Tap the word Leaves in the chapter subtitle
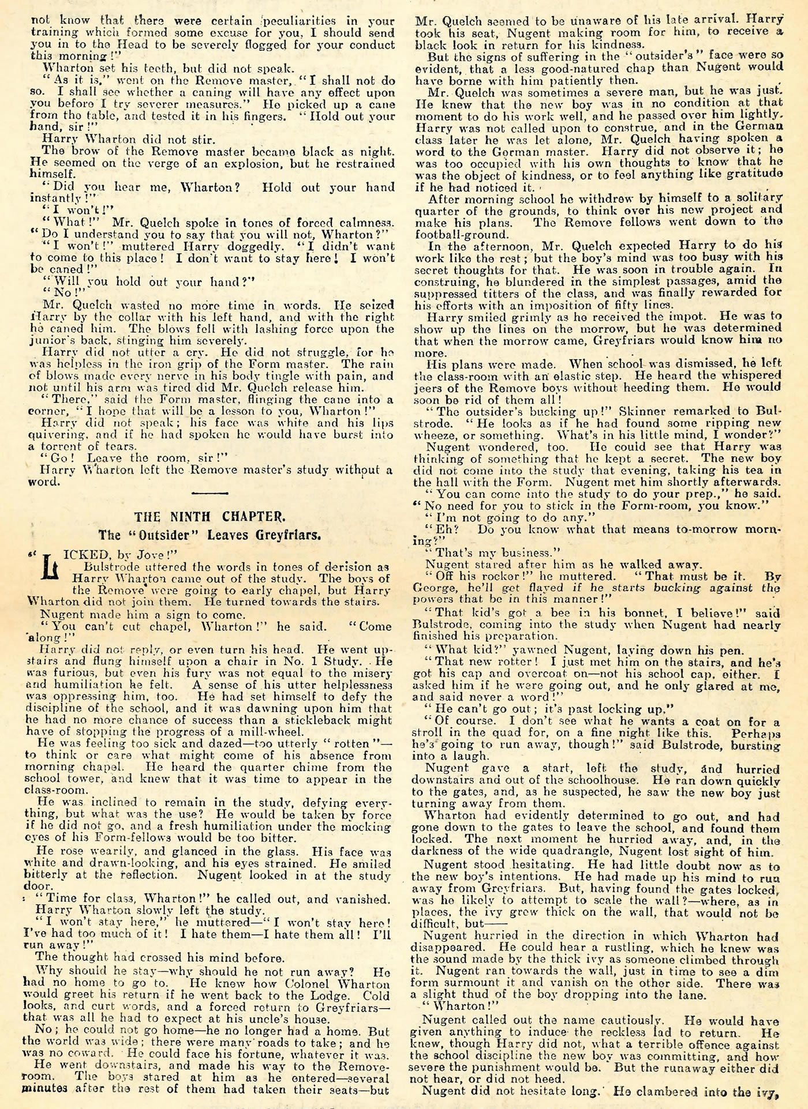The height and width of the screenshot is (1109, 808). pos(256,534)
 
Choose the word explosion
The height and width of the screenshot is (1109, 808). pos(226,163)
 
